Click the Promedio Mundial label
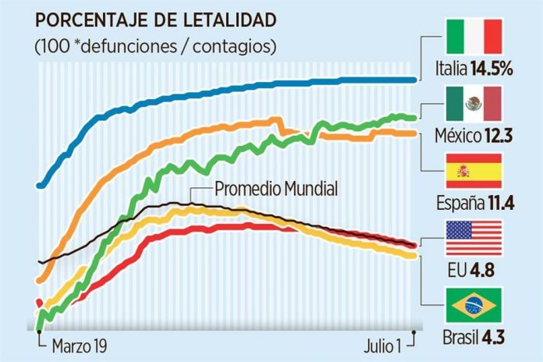tap(276, 189)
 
